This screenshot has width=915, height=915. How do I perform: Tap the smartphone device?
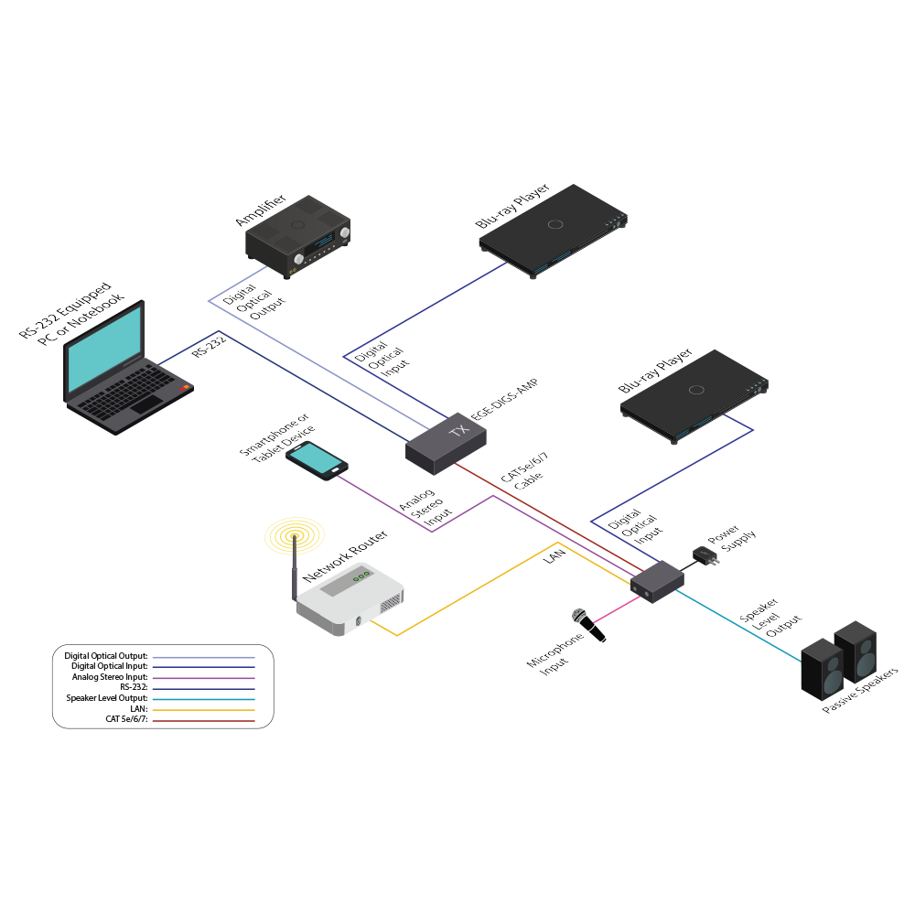316,460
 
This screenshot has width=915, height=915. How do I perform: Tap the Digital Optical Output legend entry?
106,656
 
